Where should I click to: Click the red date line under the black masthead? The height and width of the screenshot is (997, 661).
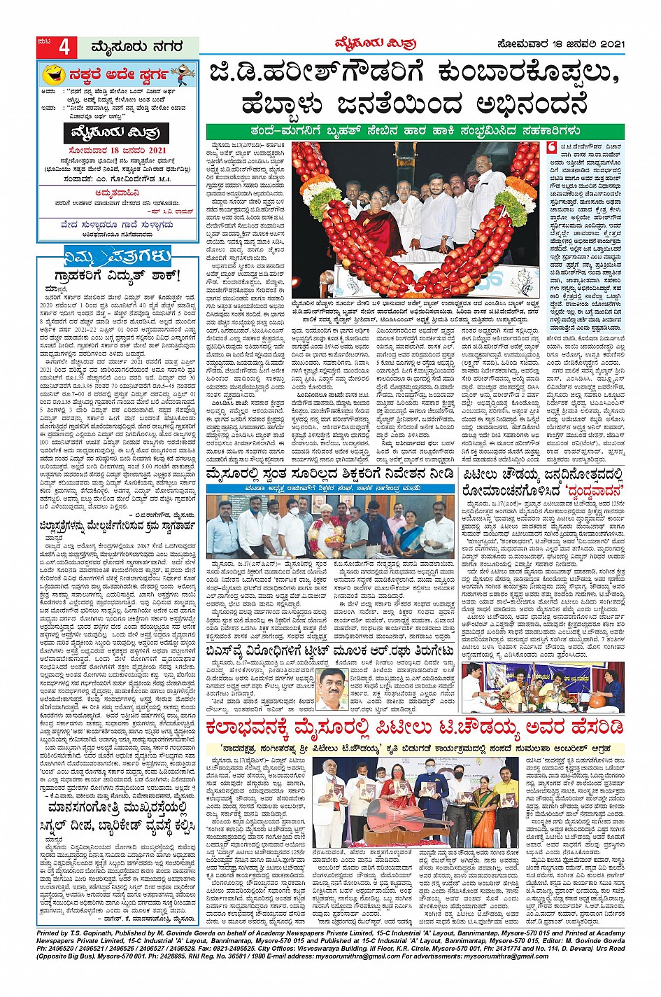(x=118, y=150)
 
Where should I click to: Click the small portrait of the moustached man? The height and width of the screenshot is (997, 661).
(x=330, y=689)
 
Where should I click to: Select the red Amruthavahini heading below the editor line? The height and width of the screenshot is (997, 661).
(x=118, y=190)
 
